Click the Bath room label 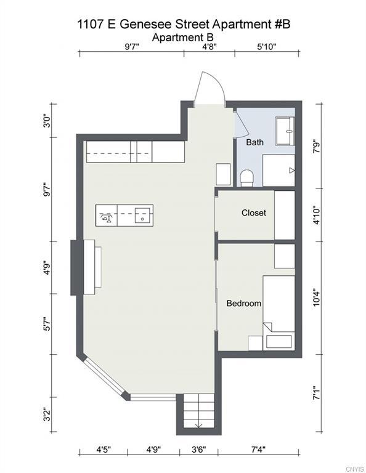pos(254,142)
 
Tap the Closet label pos(254,212)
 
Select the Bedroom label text pos(244,303)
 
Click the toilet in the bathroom pos(247,178)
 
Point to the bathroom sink pos(285,131)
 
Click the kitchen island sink pos(142,216)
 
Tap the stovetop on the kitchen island pos(106,216)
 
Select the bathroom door pos(242,124)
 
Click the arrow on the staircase pos(198,426)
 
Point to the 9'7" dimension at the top pos(132,46)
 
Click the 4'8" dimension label pos(209,46)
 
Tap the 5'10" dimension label pos(267,46)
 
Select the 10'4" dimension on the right pos(316,297)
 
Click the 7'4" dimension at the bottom pos(258,450)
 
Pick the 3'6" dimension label pos(199,450)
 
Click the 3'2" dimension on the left pos(47,414)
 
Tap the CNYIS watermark pos(355,469)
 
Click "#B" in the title pos(282,24)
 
